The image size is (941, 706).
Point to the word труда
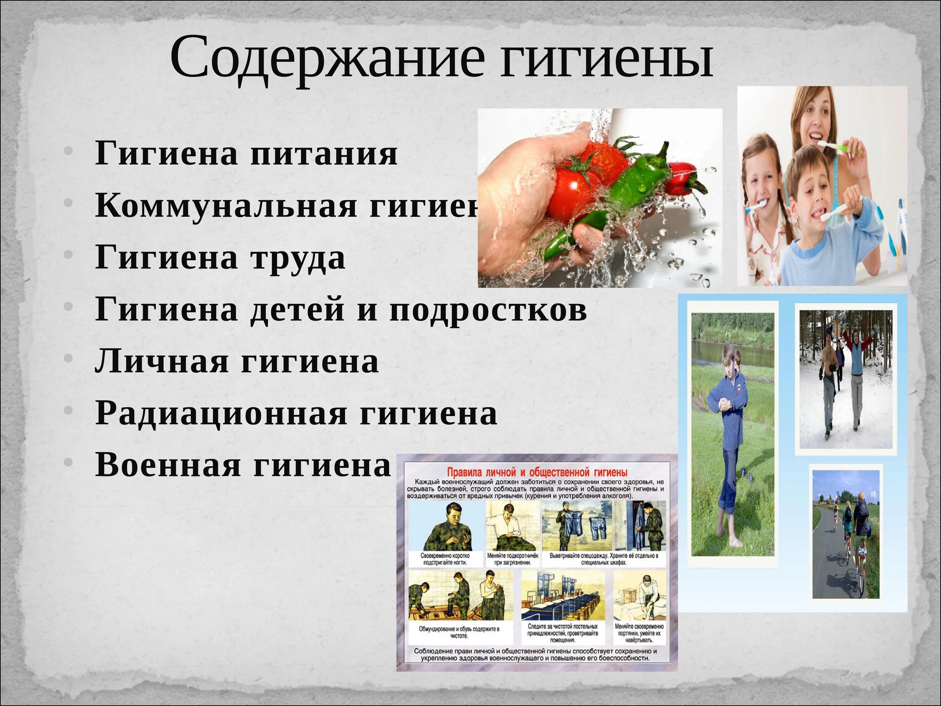tap(298, 258)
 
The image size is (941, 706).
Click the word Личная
tap(162, 362)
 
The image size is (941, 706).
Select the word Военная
tap(168, 465)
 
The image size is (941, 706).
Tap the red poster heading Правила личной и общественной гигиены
tap(537, 472)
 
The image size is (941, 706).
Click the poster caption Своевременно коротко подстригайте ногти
tap(445, 559)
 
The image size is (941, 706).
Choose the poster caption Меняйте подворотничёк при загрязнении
tap(513, 559)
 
